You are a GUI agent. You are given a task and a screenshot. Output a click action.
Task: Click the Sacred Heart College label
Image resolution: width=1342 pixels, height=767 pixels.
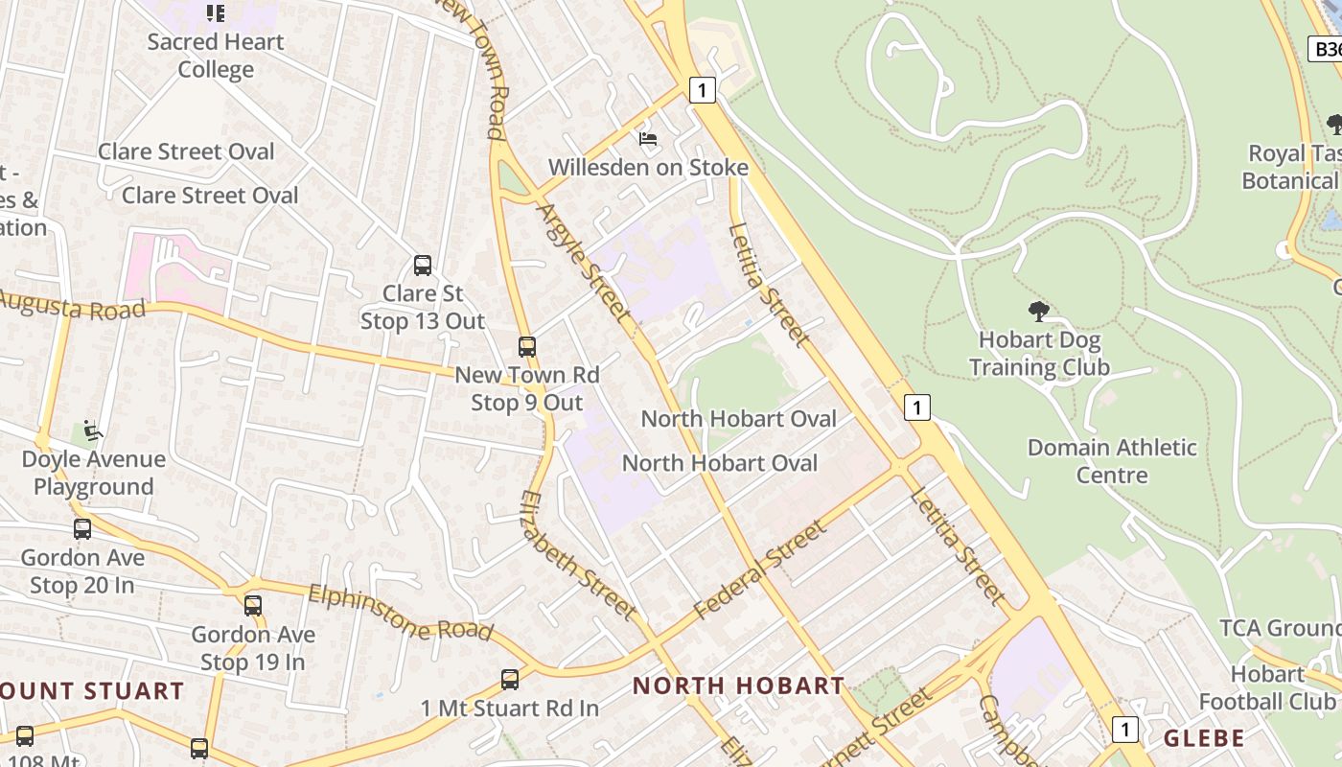click(216, 56)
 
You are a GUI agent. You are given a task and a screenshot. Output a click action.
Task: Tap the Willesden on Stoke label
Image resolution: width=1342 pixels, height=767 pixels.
click(648, 168)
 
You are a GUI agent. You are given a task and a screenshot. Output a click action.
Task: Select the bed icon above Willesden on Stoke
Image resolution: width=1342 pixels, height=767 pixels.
click(648, 139)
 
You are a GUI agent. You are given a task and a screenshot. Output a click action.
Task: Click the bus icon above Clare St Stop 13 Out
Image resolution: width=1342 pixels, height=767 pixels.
click(423, 266)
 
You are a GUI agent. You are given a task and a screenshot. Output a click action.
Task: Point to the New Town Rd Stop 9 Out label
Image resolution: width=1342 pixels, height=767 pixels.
click(527, 388)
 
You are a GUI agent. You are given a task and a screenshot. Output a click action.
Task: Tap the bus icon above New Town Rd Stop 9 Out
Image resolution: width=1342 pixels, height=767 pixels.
click(527, 347)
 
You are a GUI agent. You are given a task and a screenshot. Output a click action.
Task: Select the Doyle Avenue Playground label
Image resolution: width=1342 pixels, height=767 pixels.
click(94, 473)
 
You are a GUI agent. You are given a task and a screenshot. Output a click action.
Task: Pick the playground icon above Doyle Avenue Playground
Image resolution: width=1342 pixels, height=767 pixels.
click(93, 430)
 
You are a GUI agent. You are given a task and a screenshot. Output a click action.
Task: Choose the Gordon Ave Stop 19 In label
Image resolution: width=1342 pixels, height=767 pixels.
click(253, 648)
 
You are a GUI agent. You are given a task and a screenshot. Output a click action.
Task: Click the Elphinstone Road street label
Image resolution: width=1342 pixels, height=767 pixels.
click(401, 613)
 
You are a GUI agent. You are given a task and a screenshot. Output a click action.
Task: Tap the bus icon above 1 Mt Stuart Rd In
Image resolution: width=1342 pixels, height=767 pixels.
click(510, 680)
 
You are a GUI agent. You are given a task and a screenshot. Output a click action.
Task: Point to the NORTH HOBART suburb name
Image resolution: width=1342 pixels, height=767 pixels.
click(739, 686)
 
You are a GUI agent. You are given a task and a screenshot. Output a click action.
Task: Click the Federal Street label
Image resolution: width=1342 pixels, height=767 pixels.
click(759, 569)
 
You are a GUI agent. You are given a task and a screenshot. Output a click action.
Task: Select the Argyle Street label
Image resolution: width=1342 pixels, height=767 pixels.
click(584, 261)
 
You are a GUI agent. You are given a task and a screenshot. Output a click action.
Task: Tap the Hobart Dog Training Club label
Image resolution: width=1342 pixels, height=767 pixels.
click(1039, 354)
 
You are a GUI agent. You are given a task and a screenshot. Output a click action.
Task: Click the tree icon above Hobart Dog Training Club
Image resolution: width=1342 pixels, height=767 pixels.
click(1038, 311)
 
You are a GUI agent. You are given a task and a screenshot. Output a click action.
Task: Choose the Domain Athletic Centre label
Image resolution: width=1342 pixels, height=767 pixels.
click(1112, 461)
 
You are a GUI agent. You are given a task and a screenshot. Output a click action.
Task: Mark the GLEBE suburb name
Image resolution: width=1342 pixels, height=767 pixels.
click(1204, 738)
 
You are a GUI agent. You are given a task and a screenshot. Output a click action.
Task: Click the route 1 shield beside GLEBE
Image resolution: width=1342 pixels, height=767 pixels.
click(1125, 729)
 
